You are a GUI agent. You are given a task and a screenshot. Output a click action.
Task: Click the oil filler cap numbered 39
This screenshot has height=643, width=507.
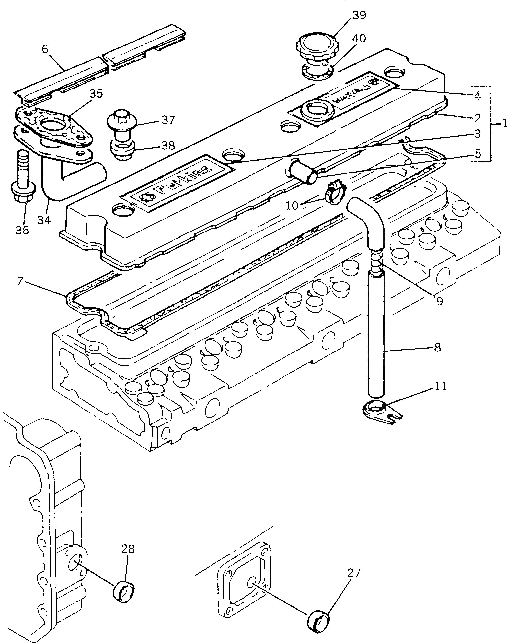pos(315,48)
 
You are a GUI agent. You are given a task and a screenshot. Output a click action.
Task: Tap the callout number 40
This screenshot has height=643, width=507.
pos(359,38)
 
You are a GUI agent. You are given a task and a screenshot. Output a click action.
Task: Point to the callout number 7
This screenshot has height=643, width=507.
pos(20,281)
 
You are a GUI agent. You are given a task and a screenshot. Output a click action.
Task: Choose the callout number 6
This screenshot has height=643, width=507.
pos(45,49)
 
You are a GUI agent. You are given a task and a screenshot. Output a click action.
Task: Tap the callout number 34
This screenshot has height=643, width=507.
pos(44,220)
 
